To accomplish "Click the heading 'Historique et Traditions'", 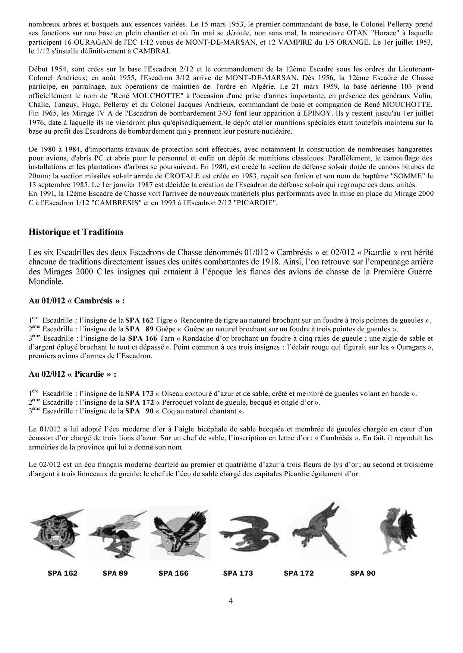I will pos(76,232).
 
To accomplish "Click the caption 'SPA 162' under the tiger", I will pos(63,573).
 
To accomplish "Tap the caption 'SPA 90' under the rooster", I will pos(363,573).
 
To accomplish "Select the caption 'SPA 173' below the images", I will pos(238,573).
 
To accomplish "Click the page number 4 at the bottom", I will pos(231,601).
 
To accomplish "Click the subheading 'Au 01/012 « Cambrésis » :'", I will pos(76,301).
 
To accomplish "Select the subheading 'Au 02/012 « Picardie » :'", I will pos(73,374).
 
